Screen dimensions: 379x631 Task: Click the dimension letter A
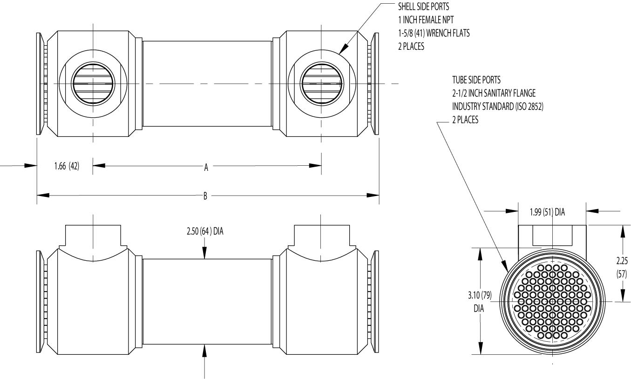[x=206, y=168]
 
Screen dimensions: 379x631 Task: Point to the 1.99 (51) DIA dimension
[x=553, y=212]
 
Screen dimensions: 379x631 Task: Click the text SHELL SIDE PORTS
[x=422, y=7]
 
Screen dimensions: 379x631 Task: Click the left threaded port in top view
[x=94, y=84]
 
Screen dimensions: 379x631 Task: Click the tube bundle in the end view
[x=553, y=302]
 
